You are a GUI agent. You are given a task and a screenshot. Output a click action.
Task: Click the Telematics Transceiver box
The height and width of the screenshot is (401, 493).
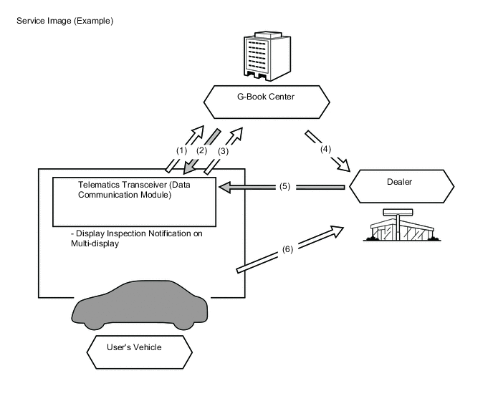click(135, 200)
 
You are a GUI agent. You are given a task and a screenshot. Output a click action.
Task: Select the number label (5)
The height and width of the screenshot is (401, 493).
click(284, 188)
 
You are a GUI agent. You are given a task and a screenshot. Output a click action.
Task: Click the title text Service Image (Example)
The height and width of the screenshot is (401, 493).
click(64, 21)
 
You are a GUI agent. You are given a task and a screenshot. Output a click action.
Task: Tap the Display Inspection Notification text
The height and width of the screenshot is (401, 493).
click(140, 234)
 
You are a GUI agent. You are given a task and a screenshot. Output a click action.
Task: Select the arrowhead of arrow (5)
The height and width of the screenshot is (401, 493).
click(224, 188)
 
